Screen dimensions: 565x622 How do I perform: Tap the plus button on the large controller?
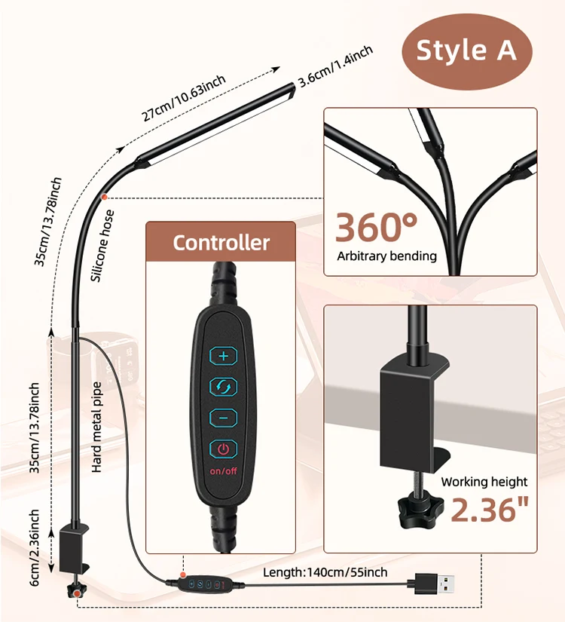(x=223, y=355)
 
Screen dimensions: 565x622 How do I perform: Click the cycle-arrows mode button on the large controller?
(x=223, y=387)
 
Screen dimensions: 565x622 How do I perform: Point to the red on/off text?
(x=223, y=472)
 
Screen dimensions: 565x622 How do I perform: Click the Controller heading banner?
(x=221, y=243)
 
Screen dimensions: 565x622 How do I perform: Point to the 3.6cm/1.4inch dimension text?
(x=335, y=66)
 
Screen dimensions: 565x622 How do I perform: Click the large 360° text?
(x=376, y=226)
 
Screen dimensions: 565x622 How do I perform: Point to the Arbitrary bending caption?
(x=386, y=256)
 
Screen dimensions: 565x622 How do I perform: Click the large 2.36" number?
(x=487, y=510)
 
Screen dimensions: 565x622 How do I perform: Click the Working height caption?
(x=484, y=482)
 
